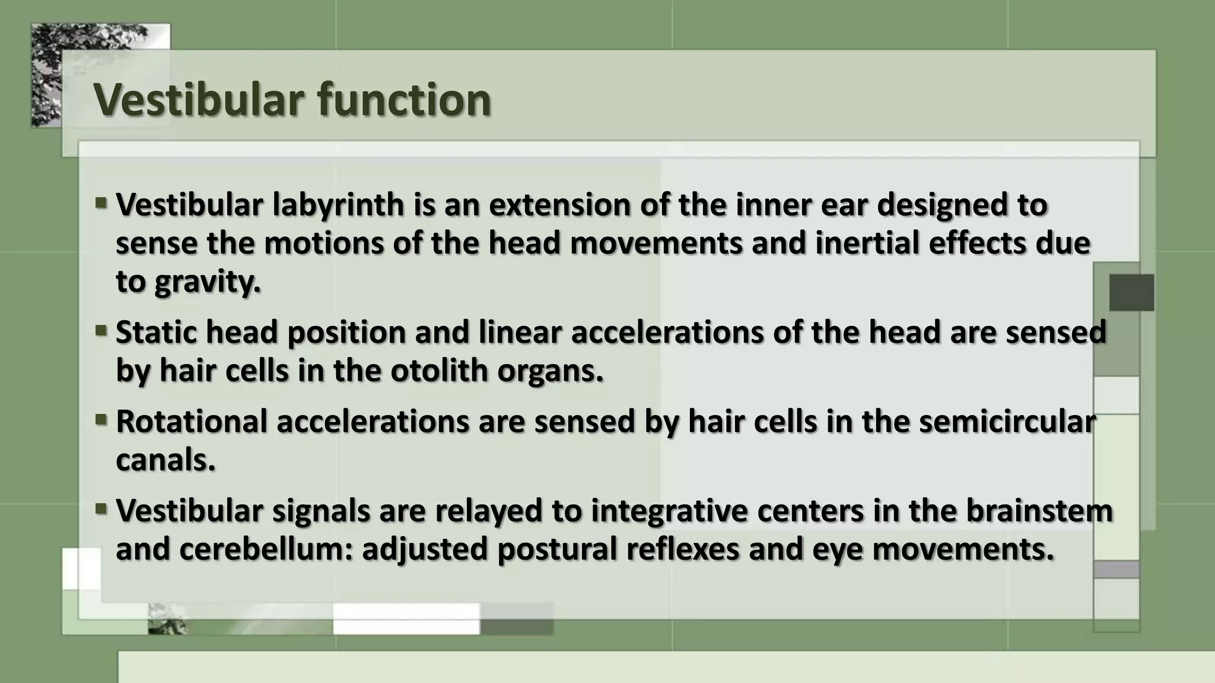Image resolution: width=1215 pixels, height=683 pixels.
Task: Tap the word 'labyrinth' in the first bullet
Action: tap(338, 205)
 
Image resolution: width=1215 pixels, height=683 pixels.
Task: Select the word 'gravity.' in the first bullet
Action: tap(208, 282)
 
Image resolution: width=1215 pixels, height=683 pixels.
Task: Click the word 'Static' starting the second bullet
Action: tap(155, 332)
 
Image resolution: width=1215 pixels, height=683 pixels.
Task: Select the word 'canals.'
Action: tap(165, 460)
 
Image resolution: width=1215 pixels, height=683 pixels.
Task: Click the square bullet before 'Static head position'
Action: tap(101, 330)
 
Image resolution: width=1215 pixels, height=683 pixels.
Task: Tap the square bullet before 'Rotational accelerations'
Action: tap(101, 420)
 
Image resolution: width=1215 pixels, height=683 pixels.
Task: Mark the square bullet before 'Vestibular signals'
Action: tap(101, 509)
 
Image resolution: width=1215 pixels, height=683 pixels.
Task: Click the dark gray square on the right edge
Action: tap(1131, 292)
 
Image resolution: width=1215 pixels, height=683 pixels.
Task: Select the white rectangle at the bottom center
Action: tap(406, 618)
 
